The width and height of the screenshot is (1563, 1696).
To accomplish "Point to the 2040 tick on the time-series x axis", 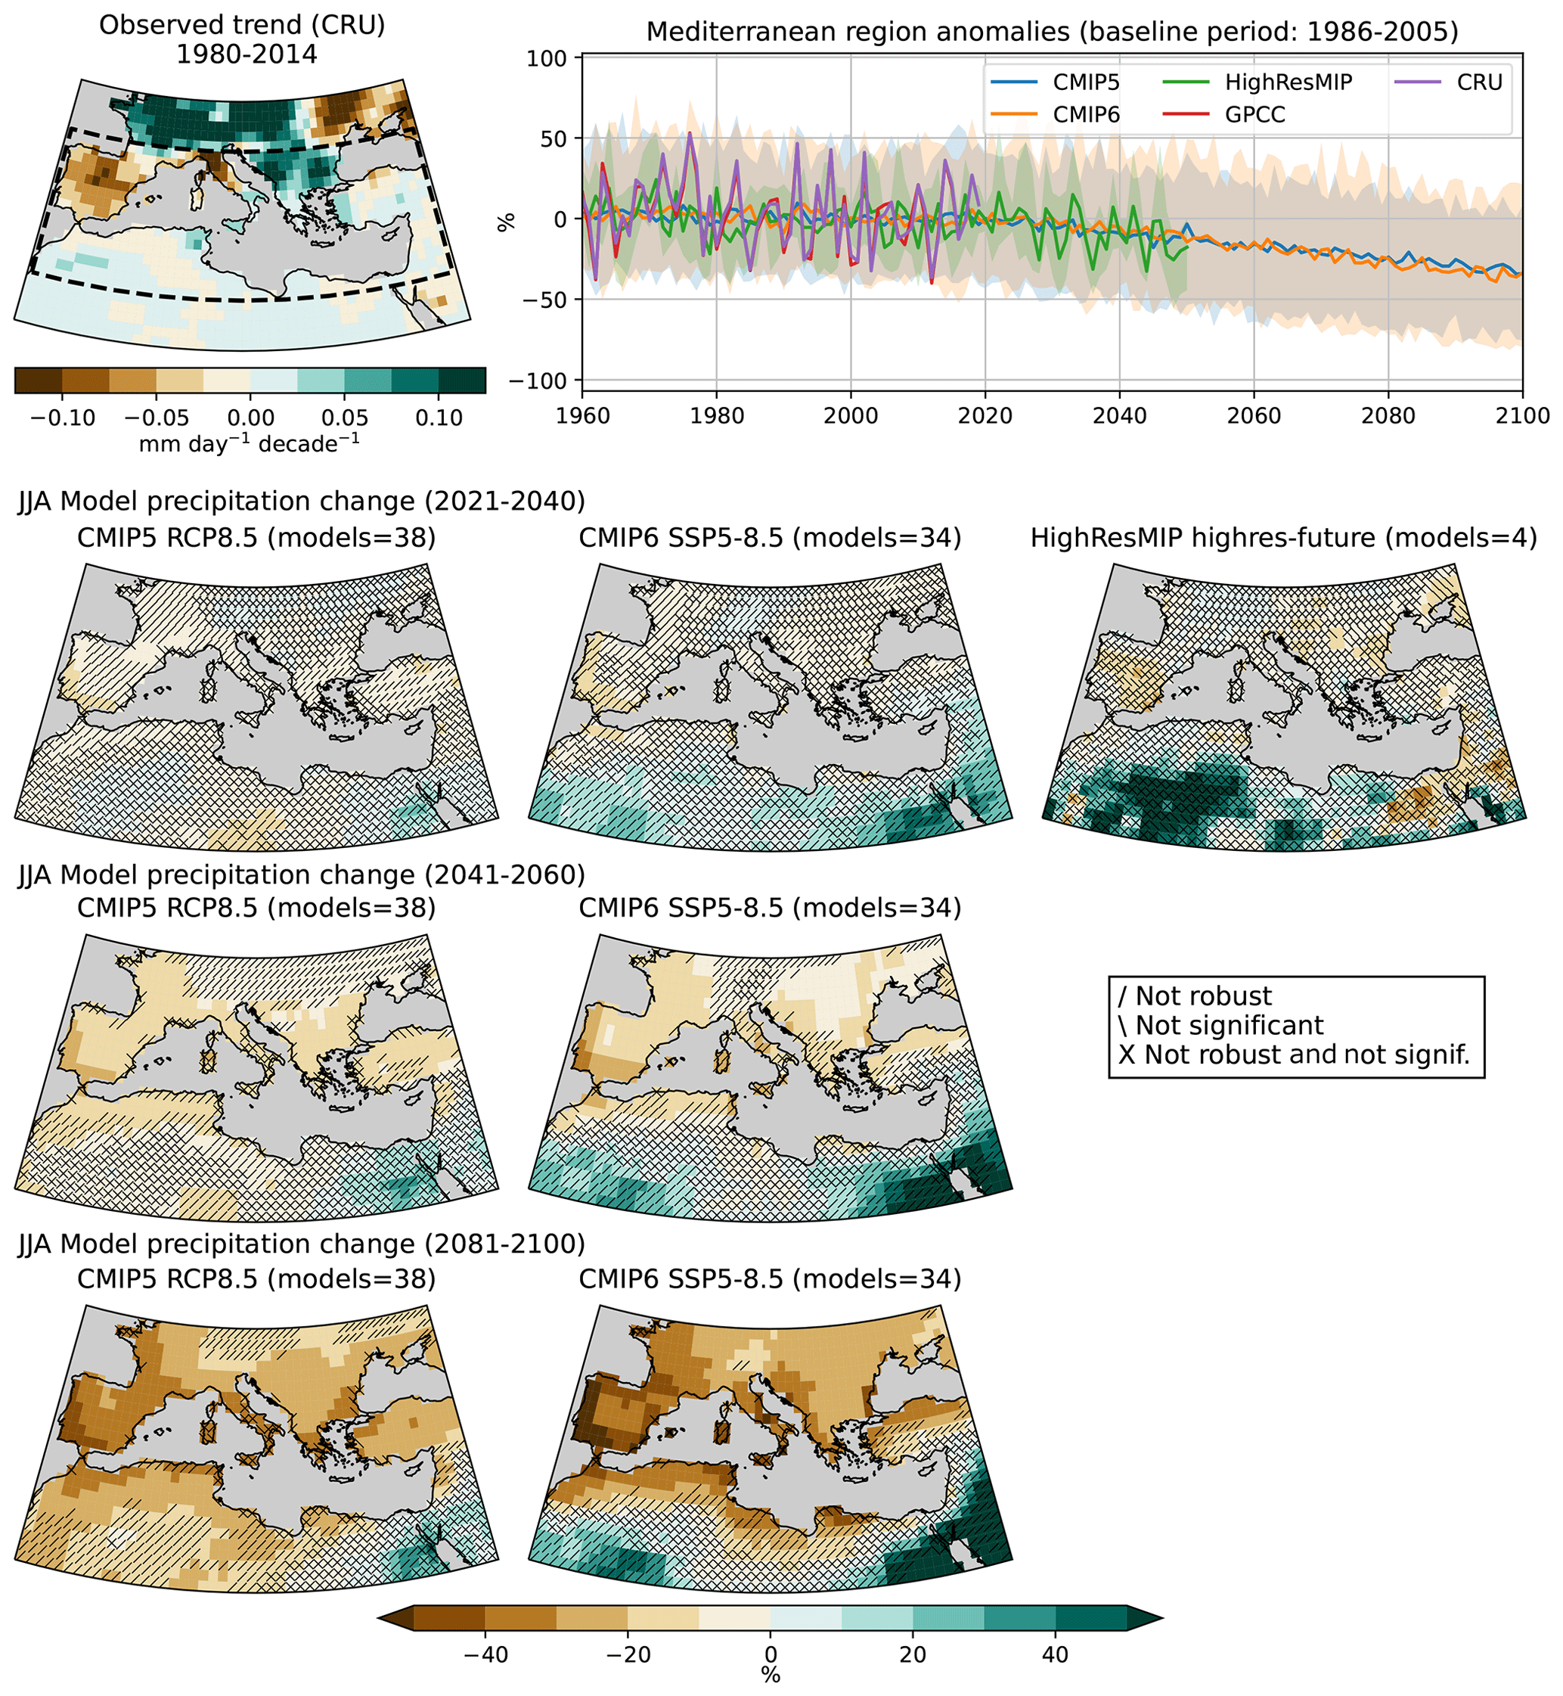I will coord(1120,416).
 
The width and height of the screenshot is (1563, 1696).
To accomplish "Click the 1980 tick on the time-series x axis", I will coord(716,416).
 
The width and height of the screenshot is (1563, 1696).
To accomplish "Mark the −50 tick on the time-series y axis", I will coord(543,300).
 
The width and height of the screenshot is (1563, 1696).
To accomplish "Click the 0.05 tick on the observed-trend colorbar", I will coord(344,418).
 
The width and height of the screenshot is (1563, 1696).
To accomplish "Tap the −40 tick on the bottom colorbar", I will coord(485,1654).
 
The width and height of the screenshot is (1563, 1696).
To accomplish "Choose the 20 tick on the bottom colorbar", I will coord(913,1654).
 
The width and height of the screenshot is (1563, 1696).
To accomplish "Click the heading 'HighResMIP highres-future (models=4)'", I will coord(1283,538).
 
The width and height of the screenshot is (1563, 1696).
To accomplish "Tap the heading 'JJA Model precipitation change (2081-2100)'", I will coord(301,1244).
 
